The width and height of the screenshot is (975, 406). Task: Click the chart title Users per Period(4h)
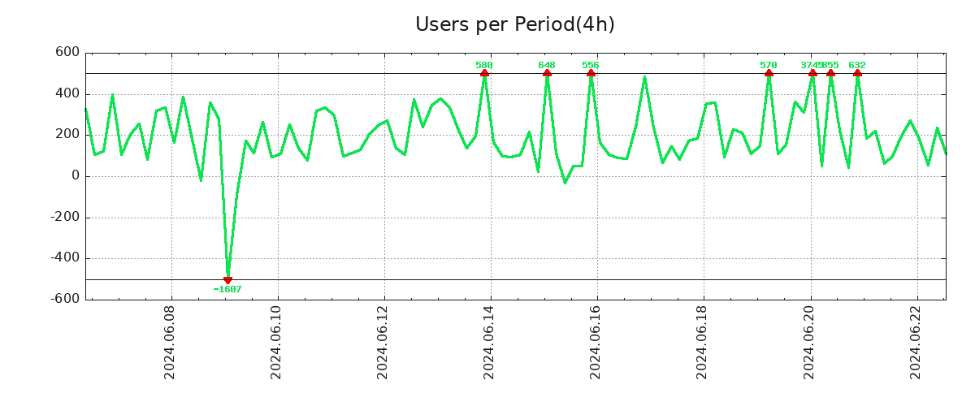point(514,24)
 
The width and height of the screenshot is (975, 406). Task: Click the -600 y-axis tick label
point(66,299)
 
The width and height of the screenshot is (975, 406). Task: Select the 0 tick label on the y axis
point(76,176)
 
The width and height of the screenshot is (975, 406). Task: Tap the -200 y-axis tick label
point(66,217)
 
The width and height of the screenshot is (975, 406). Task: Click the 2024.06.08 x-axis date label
point(170,342)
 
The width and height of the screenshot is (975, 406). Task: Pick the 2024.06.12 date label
point(383,342)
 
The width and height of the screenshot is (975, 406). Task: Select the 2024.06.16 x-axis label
point(596,342)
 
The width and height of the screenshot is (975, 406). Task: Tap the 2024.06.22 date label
point(916,342)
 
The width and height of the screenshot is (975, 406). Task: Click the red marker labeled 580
point(484,74)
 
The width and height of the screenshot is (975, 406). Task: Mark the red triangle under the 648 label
point(547,74)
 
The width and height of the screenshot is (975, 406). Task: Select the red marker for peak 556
point(591,74)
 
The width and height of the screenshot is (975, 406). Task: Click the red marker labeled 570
point(769,74)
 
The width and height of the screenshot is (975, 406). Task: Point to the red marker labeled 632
point(857,74)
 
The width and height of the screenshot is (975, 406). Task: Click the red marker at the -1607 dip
point(227,279)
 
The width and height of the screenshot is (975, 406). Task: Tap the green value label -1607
point(227,289)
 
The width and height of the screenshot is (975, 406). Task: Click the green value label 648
point(547,65)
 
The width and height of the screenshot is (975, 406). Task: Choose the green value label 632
point(857,65)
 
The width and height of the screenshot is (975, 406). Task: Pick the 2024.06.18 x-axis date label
point(703,342)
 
